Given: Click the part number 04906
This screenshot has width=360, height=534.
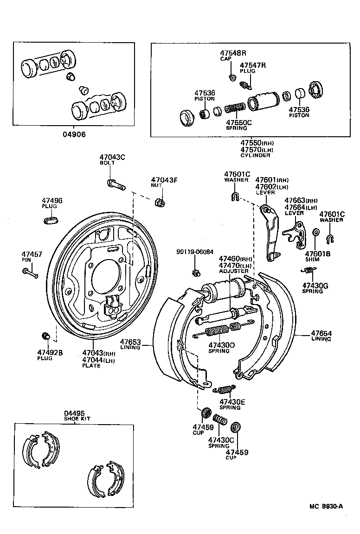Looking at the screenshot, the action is pos(74,134).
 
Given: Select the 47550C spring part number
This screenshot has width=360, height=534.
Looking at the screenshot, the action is pos(238,122).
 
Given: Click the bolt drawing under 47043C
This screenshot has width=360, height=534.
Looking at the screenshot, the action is pos(116,184).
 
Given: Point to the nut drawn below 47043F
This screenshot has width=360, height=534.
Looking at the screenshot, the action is pos(160,202).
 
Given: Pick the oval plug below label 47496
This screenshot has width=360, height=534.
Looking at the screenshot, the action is pos(51,220).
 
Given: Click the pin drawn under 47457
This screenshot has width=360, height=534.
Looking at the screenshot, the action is pos(30,273).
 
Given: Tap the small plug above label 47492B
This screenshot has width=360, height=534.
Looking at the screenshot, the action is pos(45,336).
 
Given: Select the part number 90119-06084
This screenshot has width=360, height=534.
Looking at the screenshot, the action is pos(195,252).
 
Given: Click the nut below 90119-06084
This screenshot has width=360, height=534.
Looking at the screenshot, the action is pos(196,273).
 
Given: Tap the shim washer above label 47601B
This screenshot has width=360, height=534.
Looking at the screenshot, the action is pos(315,232).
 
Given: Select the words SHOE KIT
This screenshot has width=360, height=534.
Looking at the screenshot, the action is pos(77,419).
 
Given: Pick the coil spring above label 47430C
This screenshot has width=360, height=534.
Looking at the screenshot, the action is pos(219,420).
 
